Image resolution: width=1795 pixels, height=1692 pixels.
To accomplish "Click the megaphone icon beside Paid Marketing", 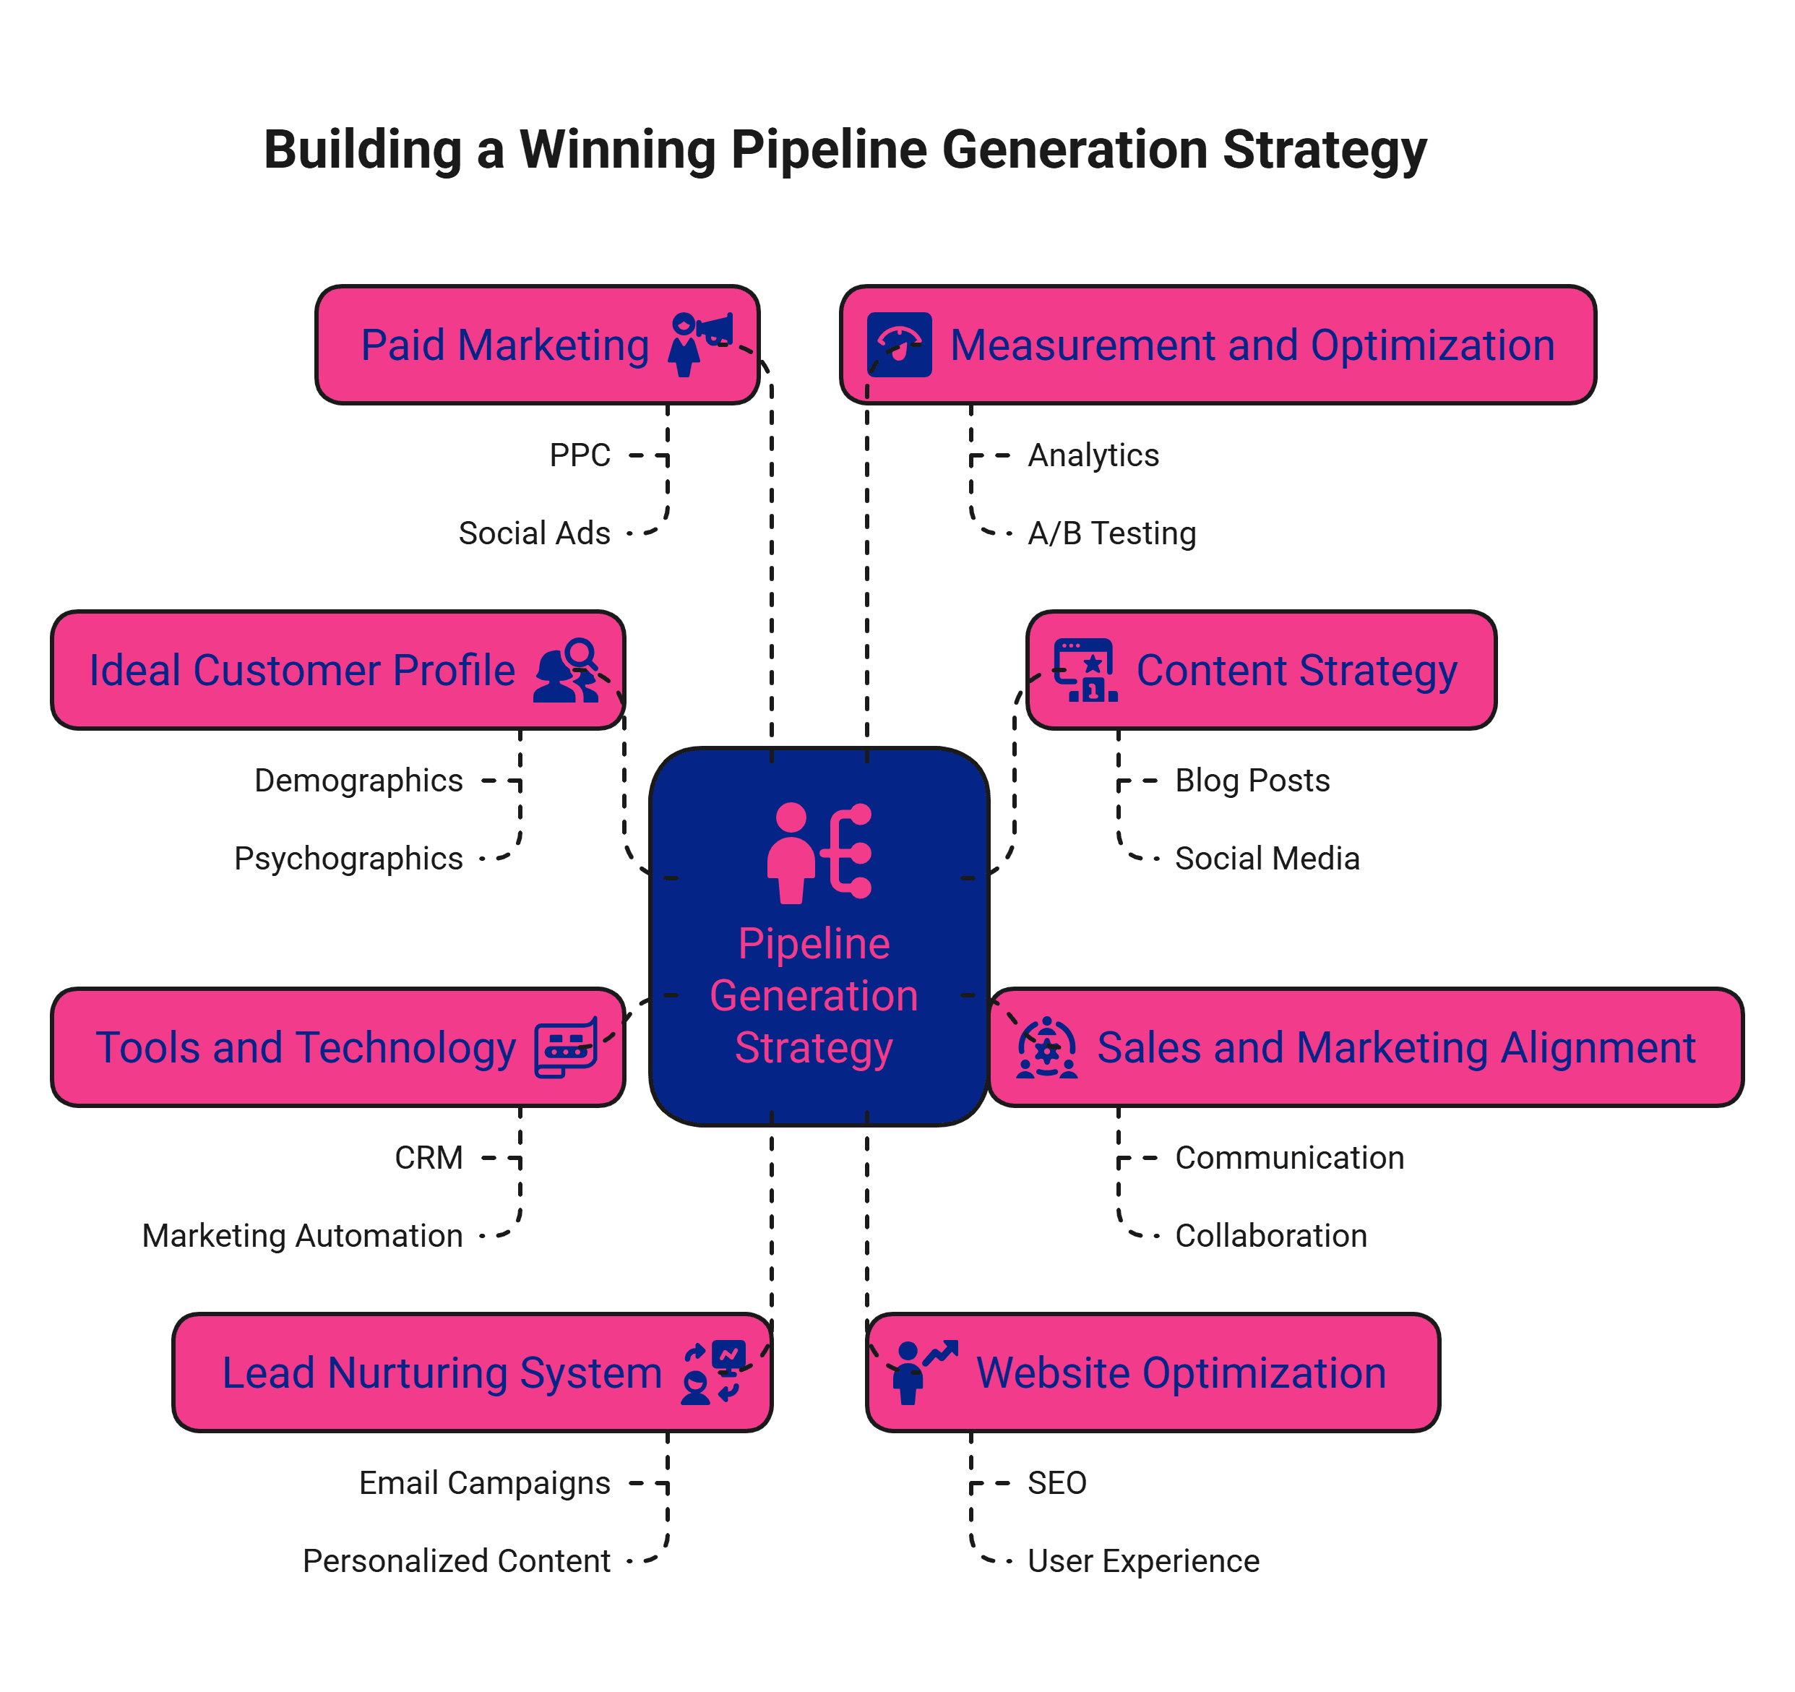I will click(701, 344).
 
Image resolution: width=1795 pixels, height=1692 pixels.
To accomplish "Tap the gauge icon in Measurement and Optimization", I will click(899, 344).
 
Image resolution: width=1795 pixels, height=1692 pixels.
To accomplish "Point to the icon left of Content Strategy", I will click(1086, 670).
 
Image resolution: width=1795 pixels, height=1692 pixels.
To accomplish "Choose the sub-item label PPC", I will click(580, 455).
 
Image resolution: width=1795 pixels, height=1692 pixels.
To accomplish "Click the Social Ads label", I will click(535, 533).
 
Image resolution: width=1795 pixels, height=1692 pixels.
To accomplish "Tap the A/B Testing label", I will click(1111, 533).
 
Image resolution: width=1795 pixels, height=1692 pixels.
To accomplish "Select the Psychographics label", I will click(348, 858).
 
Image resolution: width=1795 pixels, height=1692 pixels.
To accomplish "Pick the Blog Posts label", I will click(1252, 780).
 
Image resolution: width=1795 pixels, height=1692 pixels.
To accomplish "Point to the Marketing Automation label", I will click(303, 1235).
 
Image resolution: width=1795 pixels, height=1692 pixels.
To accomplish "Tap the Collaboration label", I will click(1270, 1235).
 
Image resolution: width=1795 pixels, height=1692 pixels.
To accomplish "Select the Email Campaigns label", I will click(485, 1482).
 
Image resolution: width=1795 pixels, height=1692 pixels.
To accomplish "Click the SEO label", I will click(1056, 1482).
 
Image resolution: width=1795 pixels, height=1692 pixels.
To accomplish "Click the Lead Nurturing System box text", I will click(442, 1373).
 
